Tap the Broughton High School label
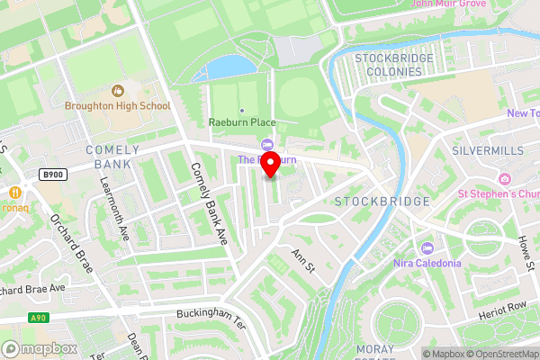[117, 105]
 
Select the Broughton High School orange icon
[117, 90]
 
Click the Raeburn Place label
[242, 122]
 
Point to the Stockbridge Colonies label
[394, 66]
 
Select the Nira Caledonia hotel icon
[427, 247]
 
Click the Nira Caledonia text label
[427, 263]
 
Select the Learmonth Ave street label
[112, 219]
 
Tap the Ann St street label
[301, 263]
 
